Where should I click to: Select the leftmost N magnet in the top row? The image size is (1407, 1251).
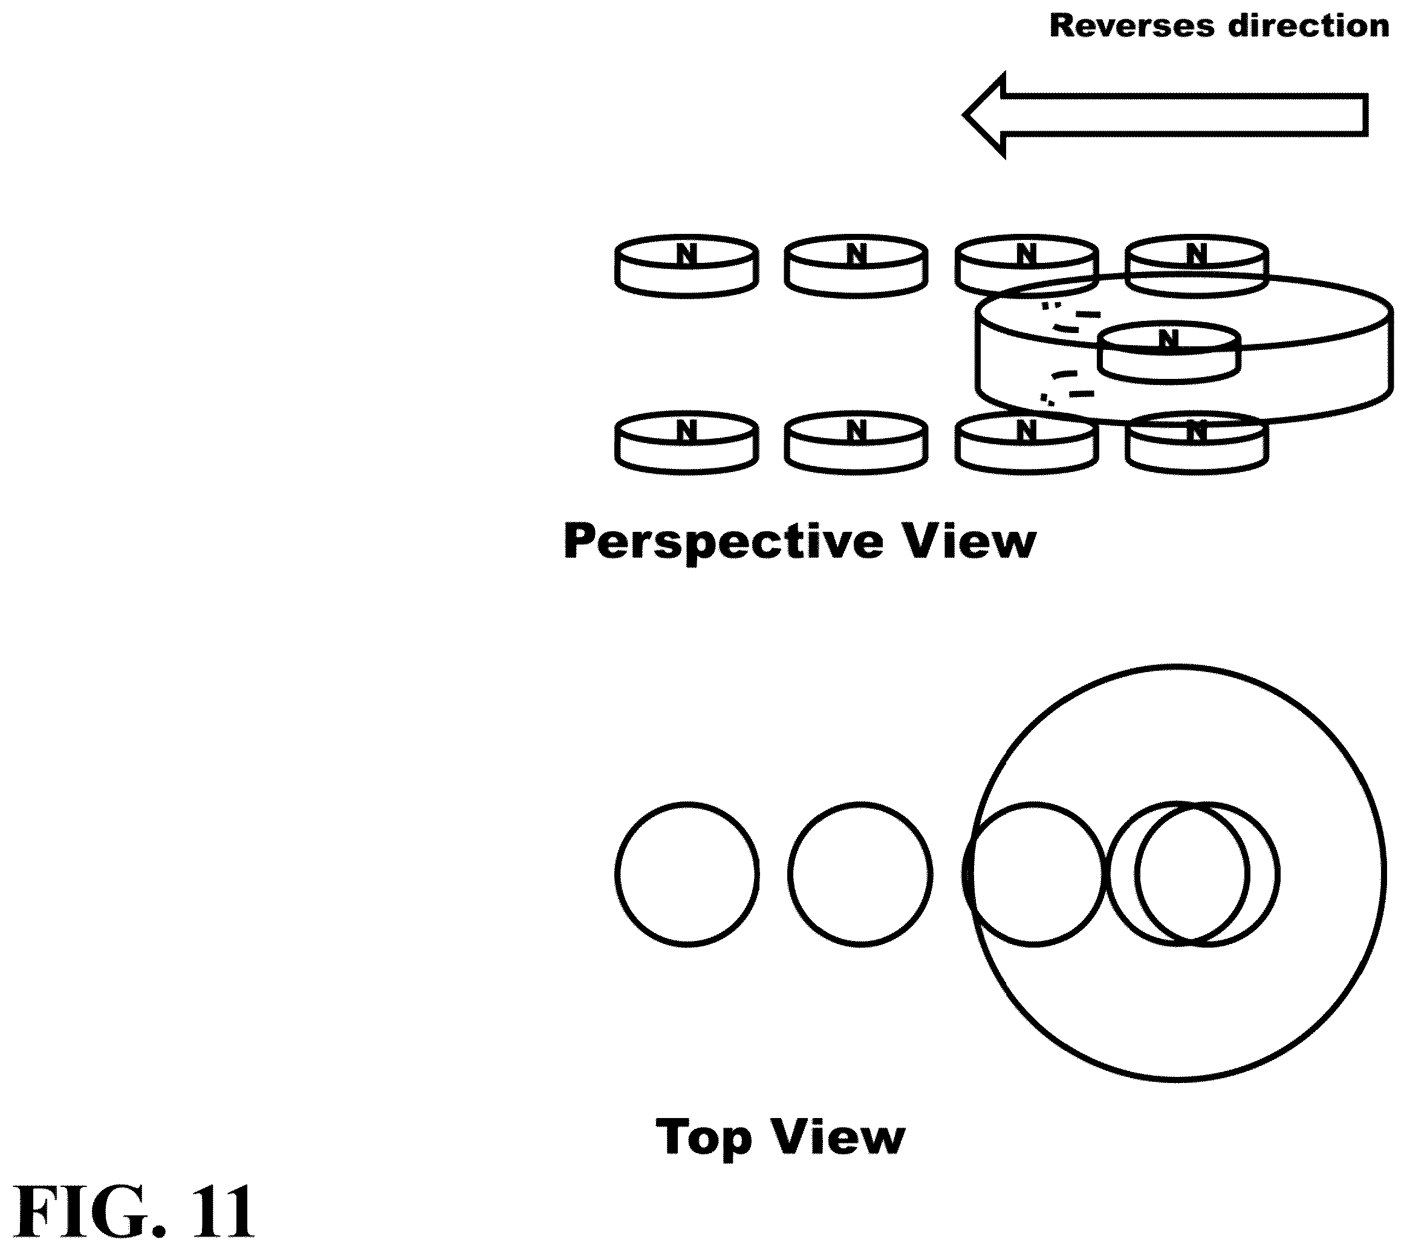coord(686,267)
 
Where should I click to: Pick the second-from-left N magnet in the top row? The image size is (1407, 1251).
coord(856,267)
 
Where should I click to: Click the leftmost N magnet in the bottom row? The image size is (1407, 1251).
coord(686,442)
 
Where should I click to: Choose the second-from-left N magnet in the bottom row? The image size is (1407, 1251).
coord(856,442)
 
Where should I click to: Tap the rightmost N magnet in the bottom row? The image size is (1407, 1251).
coord(1197,442)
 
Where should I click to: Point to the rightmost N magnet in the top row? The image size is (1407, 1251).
coord(1197,267)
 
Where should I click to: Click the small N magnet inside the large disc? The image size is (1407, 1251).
coord(1168,353)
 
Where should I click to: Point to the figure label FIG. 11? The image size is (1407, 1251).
coord(134,1212)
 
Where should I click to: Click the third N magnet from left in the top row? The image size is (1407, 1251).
coord(1025,267)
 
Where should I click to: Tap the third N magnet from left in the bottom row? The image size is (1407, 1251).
coord(1025,442)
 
